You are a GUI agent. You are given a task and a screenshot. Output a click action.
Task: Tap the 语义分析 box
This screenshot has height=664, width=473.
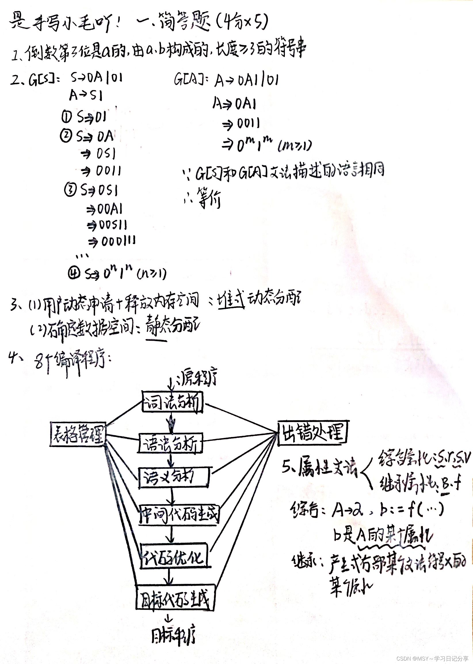tap(173, 477)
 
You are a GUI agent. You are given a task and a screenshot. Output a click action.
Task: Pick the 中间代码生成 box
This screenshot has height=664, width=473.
tap(179, 515)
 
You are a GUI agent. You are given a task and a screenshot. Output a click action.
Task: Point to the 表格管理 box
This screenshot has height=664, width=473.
tap(78, 434)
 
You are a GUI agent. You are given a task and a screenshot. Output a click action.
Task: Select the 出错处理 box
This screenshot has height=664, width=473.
tap(312, 433)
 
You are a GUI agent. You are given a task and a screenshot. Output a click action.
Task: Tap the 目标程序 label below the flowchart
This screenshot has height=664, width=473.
tap(173, 635)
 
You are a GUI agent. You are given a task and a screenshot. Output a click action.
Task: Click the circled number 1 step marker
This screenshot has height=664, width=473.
tap(66, 117)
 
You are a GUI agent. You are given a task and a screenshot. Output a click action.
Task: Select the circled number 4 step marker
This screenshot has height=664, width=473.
tap(74, 273)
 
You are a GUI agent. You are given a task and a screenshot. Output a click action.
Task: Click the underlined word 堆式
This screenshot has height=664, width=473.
tap(231, 300)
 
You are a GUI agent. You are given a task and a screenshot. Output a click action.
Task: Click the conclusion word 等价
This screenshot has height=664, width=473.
tap(209, 198)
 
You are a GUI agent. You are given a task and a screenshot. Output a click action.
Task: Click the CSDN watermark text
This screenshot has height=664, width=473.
tap(432, 658)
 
